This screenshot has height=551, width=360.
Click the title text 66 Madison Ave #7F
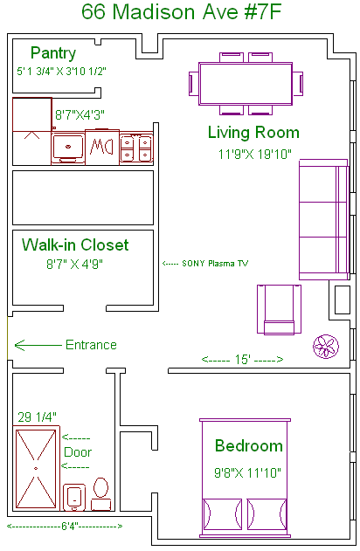tap(182, 12)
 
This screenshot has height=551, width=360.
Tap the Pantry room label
tap(53, 53)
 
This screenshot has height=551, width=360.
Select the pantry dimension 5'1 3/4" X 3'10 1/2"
tap(61, 72)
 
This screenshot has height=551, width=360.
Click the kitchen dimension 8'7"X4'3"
tap(80, 114)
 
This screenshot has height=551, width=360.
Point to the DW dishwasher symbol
tap(102, 147)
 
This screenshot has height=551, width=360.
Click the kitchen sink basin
tap(68, 147)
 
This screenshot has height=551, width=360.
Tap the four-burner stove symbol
tap(136, 148)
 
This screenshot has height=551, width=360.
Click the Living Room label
tap(253, 133)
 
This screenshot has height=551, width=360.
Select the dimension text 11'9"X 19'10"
tap(254, 154)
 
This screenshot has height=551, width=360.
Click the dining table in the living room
tap(246, 84)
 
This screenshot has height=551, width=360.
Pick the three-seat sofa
tap(324, 220)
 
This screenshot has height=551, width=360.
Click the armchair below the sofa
tap(279, 309)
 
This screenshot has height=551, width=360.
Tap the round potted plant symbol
tap(326, 346)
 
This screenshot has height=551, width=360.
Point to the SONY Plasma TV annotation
tap(205, 264)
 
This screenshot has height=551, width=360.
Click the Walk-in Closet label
tap(75, 245)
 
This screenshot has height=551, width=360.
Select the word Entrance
tap(91, 345)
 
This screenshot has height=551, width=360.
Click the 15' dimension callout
tap(242, 359)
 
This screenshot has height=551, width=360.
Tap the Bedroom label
tap(249, 445)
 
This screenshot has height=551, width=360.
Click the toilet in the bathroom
tap(100, 493)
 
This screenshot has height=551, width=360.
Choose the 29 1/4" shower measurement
tap(37, 417)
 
